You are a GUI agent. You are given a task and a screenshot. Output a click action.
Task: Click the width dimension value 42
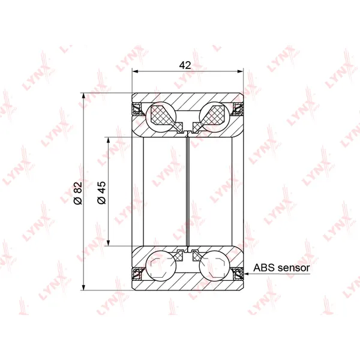185,65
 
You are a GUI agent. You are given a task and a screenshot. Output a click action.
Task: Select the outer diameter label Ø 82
78,193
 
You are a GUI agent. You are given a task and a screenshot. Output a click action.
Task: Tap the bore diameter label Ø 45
101,193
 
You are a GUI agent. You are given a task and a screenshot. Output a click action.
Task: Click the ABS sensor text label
281,268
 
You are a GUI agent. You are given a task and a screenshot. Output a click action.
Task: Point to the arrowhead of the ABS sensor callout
247,274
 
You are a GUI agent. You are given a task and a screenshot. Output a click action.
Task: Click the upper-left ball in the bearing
161,116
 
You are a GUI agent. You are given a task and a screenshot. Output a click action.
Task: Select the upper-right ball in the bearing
214,116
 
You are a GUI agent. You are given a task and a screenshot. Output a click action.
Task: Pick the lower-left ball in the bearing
161,266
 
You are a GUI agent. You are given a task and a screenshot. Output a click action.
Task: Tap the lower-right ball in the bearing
214,266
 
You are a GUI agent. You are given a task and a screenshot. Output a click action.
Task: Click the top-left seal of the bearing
137,109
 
